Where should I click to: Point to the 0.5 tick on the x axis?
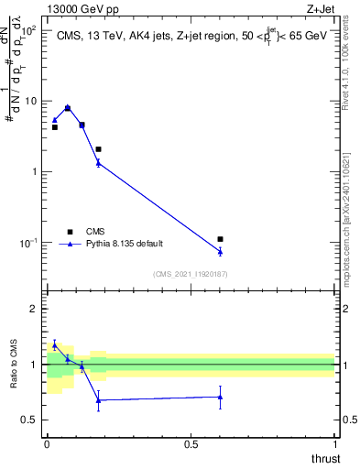click(x=191, y=443)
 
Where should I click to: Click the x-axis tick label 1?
click(x=334, y=443)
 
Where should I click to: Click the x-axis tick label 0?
click(x=47, y=443)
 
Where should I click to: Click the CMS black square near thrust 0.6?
click(x=220, y=239)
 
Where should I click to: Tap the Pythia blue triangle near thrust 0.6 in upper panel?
click(x=220, y=251)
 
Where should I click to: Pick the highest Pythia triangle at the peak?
click(x=68, y=107)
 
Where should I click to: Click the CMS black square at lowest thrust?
click(x=55, y=127)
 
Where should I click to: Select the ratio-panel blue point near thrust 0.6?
click(x=220, y=398)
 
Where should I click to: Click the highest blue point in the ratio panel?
click(x=55, y=344)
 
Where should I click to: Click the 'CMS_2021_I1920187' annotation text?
click(x=191, y=274)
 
